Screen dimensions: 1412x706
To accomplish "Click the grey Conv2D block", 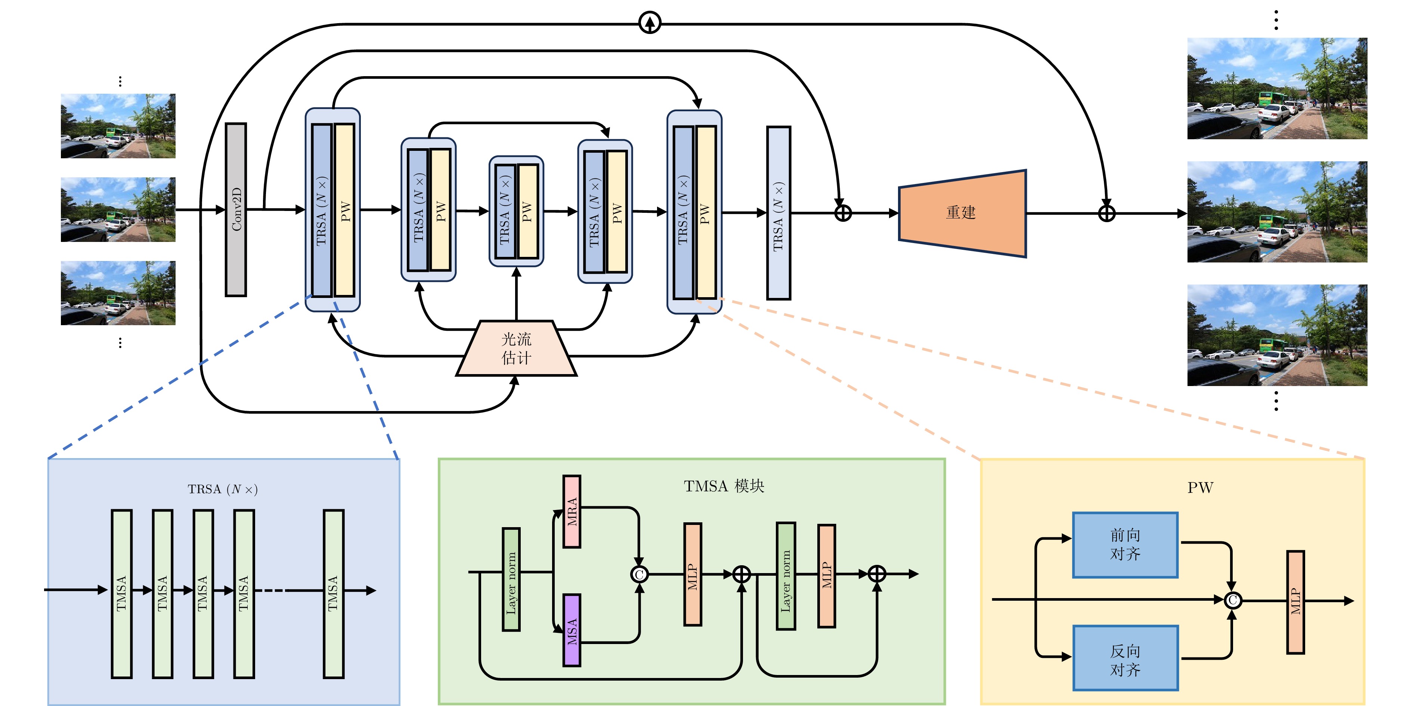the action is [236, 209].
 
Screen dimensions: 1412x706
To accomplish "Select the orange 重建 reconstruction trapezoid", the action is [962, 213].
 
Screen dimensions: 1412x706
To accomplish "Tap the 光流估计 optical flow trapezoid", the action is [516, 348].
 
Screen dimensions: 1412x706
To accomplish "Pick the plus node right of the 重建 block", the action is [1107, 213].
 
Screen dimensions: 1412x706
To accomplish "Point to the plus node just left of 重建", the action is [843, 213].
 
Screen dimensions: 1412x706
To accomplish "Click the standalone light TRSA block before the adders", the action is [778, 213].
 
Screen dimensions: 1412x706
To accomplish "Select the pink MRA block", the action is [572, 511].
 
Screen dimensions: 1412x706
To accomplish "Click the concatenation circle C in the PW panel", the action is [1233, 600].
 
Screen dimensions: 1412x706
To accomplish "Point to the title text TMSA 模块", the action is [724, 486].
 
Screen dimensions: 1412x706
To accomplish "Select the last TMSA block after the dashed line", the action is [333, 594].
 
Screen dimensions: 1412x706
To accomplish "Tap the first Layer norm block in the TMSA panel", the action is [511, 579].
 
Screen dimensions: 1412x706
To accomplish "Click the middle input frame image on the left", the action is [118, 209].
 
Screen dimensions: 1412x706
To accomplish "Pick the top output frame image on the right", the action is [1277, 88].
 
